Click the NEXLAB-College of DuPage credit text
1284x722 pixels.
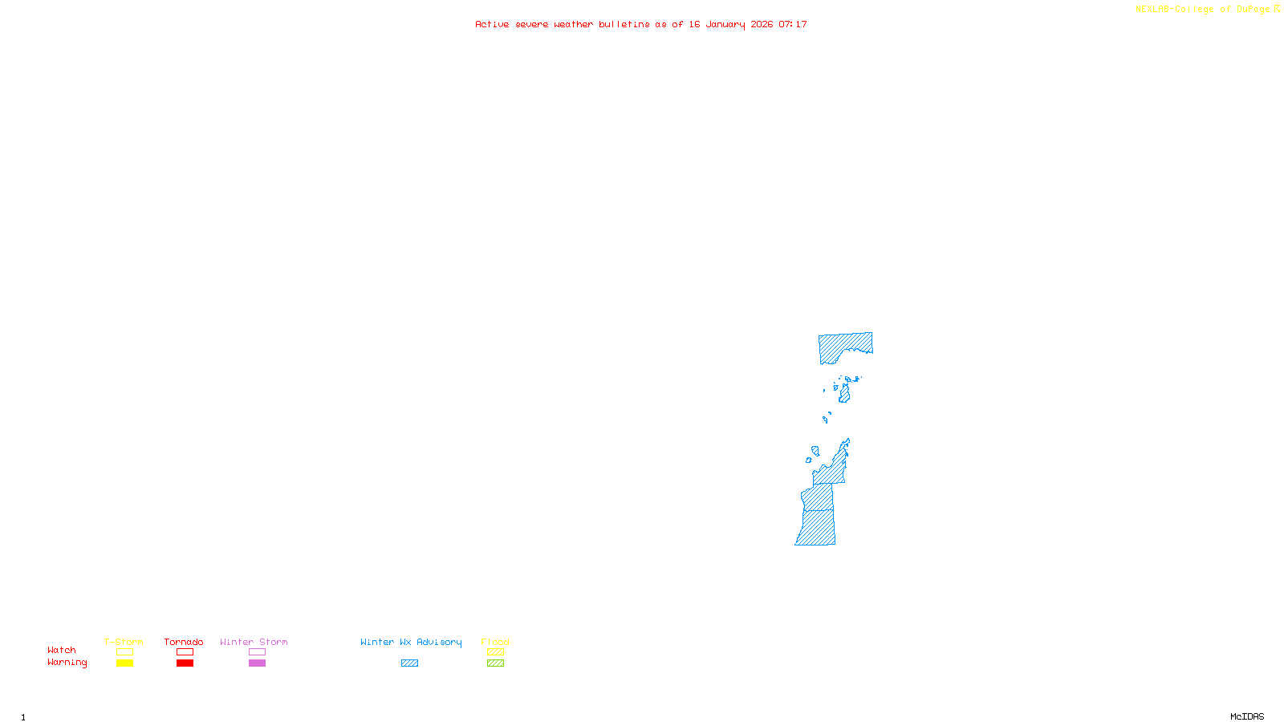1202,10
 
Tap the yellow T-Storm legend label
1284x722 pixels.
124,642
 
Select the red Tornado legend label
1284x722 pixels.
184,642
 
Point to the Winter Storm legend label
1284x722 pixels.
254,642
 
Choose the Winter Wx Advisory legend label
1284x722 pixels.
411,642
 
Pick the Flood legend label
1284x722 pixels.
495,642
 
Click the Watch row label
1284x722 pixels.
62,651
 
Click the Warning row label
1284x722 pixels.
67,663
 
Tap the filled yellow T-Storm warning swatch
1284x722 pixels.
124,663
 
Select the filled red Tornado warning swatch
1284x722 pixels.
185,663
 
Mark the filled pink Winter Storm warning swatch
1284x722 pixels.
257,663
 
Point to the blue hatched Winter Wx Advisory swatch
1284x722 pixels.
409,663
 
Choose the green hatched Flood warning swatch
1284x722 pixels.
495,663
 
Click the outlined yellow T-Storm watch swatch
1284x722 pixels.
124,652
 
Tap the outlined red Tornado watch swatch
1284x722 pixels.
185,652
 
